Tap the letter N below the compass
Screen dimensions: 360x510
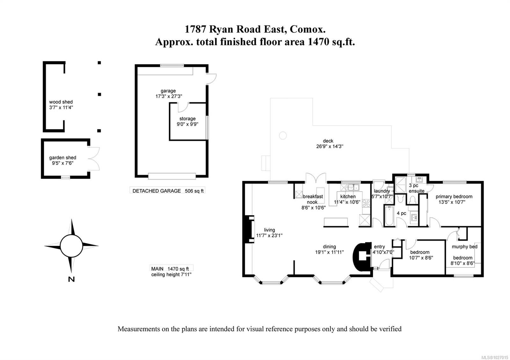tap(71, 279)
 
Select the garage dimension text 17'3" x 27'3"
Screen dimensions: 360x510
tap(169, 96)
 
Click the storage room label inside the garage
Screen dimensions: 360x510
tap(187, 119)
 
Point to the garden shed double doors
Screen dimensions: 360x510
tap(94, 159)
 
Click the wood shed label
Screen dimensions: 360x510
tap(61, 102)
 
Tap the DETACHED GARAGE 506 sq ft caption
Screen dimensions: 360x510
tap(168, 191)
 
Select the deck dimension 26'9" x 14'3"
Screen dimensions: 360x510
tap(328, 147)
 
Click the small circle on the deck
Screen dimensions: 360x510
tap(283, 135)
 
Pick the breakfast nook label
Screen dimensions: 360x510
tap(313, 199)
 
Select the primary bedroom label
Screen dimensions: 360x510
tap(454, 197)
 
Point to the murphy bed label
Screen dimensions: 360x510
tap(464, 247)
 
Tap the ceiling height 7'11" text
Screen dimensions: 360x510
tap(171, 275)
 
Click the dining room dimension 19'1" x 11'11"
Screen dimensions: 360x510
tap(329, 252)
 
